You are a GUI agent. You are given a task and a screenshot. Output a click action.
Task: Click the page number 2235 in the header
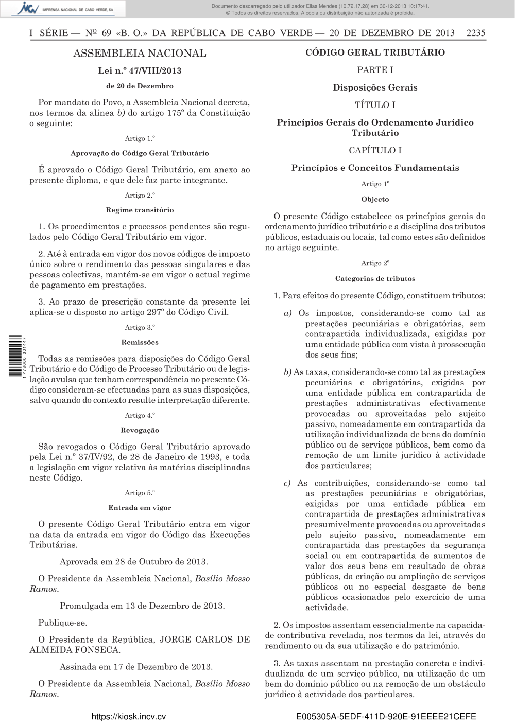point(475,33)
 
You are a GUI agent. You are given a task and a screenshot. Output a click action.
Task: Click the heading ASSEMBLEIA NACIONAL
point(140,54)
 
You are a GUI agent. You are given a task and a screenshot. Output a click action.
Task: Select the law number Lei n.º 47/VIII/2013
point(140,70)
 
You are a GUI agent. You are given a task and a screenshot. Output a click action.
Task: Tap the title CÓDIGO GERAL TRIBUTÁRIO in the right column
point(375,52)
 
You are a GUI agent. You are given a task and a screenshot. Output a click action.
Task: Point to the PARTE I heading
point(375,70)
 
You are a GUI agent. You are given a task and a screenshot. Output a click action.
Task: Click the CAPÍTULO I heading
point(375,150)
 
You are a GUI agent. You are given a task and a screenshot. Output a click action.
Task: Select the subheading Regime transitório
point(140,210)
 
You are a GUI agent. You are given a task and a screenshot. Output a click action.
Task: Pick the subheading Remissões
point(140,342)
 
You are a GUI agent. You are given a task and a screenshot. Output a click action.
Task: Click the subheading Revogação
point(140,430)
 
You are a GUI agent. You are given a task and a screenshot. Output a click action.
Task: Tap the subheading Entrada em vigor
point(140,508)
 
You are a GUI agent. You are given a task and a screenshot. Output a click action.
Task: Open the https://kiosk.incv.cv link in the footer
point(128,717)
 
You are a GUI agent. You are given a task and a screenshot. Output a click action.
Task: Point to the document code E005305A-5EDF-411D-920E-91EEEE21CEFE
point(386,717)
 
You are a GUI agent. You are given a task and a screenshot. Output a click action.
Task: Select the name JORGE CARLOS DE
point(204,640)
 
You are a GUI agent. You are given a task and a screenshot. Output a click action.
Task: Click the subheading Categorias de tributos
point(375,279)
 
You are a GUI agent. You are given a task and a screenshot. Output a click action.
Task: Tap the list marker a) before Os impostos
point(287,313)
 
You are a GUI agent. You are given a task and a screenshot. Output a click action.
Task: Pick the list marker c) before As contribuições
point(287,483)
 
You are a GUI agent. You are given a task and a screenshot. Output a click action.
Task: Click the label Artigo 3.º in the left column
point(140,327)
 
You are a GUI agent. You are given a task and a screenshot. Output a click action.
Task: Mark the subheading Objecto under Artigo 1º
point(375,199)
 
